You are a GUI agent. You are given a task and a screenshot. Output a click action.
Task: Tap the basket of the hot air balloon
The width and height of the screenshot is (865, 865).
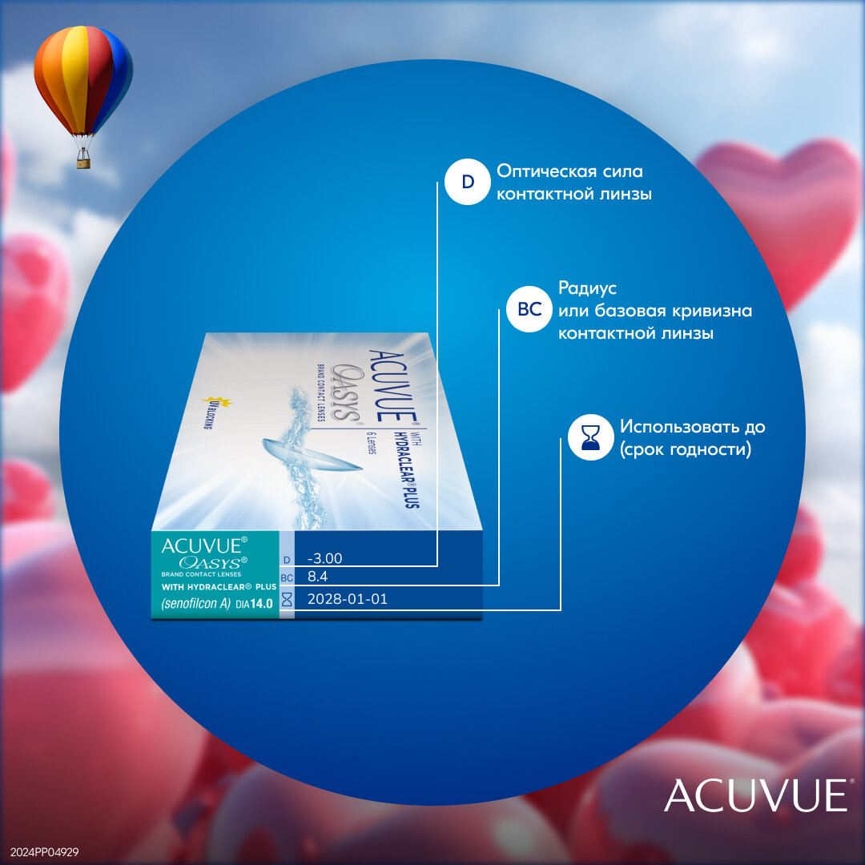pos(83,162)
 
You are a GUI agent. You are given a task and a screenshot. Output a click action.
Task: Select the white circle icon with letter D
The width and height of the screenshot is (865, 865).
pos(468,183)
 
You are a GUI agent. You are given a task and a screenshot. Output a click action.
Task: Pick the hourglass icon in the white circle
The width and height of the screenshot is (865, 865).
pos(591,437)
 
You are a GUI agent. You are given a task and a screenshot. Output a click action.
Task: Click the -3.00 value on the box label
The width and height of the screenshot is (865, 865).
pos(325,558)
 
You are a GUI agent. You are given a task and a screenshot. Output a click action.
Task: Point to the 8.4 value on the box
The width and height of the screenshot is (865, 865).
pos(318,576)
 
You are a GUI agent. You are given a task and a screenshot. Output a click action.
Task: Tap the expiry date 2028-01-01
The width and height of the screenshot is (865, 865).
pos(348,598)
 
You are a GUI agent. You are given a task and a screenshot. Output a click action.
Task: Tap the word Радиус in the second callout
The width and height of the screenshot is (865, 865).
pos(588,288)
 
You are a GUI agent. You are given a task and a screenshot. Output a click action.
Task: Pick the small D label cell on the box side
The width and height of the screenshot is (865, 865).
pos(287,560)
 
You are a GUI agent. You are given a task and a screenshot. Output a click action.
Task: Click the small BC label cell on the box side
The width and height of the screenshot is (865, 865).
pos(287,577)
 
